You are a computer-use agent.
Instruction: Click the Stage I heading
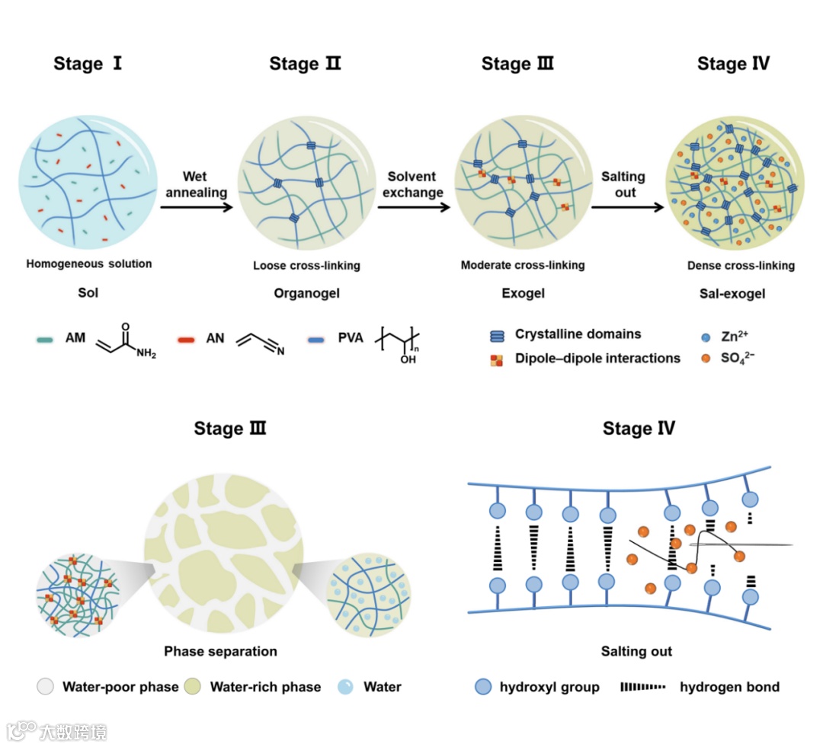[88, 63]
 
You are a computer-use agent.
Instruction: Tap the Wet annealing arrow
[197, 206]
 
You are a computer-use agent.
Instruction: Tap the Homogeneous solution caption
[89, 264]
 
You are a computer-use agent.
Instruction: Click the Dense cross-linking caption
[741, 266]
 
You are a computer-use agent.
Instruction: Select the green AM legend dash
[44, 337]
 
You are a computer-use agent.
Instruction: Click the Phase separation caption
[220, 651]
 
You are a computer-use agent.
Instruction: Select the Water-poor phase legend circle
[46, 687]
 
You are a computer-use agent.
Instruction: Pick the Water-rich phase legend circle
[194, 687]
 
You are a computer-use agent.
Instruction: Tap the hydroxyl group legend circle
[483, 687]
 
